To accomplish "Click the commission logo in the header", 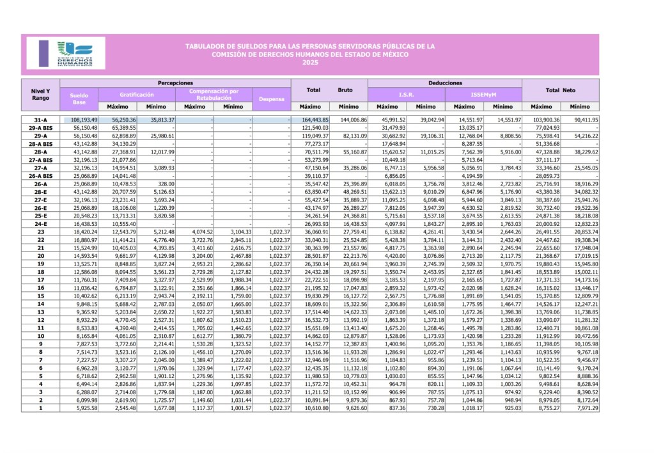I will tap(72, 54).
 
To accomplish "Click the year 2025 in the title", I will tap(310, 62).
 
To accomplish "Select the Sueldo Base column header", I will tap(79, 98).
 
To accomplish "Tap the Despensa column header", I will tap(271, 99).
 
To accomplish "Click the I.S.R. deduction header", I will tap(406, 94).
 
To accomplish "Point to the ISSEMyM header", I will tap(483, 94).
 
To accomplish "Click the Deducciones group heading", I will tap(445, 83).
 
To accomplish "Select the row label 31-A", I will tap(40, 120).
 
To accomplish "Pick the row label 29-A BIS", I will tap(40, 128).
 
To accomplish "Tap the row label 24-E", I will tap(40, 225).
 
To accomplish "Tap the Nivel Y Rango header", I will tap(40, 94).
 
